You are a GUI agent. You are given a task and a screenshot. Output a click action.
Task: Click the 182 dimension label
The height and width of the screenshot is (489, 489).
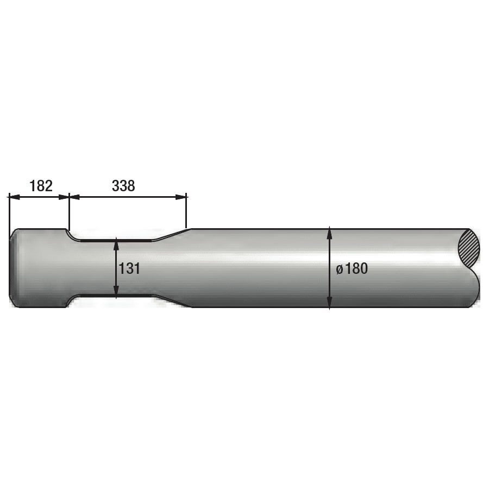click(41, 186)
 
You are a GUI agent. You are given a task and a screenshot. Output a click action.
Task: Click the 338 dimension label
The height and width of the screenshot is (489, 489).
click(123, 186)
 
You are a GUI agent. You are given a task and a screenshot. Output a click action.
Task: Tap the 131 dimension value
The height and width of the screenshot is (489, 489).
click(129, 268)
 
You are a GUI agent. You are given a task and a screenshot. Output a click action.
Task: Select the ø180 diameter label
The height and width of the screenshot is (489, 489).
click(352, 268)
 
